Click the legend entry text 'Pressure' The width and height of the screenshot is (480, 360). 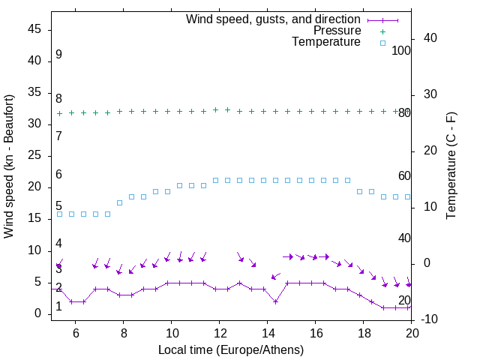pyautogui.click(x=337, y=31)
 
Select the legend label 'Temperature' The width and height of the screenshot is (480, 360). pyautogui.click(x=326, y=42)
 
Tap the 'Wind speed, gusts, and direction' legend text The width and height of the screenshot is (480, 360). pyautogui.click(x=274, y=19)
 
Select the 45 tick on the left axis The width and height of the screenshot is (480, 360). pyautogui.click(x=34, y=29)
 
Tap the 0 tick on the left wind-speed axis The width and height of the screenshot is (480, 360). pyautogui.click(x=37, y=313)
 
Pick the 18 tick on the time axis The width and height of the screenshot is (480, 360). pyautogui.click(x=363, y=331)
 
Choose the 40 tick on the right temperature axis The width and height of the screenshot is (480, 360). pyautogui.click(x=432, y=38)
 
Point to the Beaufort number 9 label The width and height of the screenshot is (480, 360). pyautogui.click(x=58, y=55)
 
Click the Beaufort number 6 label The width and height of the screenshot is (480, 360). pyautogui.click(x=58, y=175)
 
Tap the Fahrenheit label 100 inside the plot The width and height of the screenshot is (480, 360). pyautogui.click(x=401, y=51)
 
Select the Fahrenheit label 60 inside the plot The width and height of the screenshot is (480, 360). pyautogui.click(x=404, y=176)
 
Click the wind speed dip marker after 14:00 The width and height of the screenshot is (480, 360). pyautogui.click(x=276, y=301)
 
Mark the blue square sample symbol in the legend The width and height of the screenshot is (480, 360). pyautogui.click(x=382, y=43)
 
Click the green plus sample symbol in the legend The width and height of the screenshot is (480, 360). pyautogui.click(x=382, y=31)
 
